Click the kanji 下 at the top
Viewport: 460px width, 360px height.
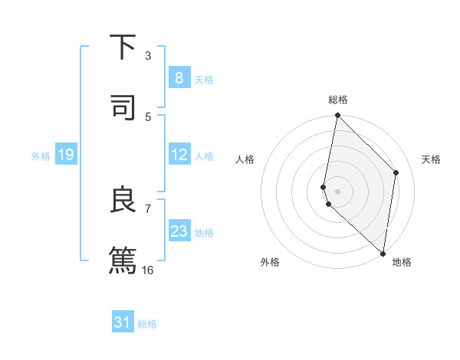click(x=123, y=47)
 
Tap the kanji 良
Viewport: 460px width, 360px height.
click(x=123, y=199)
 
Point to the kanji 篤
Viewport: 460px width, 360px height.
click(x=123, y=259)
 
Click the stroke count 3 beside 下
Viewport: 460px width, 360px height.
click(x=148, y=56)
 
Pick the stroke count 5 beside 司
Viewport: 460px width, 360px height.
click(x=148, y=116)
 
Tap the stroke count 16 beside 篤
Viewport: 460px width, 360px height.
click(x=148, y=270)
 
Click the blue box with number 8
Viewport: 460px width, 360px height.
click(x=179, y=78)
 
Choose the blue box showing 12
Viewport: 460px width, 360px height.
click(x=179, y=155)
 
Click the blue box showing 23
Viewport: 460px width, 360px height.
click(x=179, y=231)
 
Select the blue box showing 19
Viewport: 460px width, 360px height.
click(x=65, y=155)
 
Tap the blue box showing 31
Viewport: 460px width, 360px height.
click(x=123, y=322)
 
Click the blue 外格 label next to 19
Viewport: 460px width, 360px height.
click(x=41, y=156)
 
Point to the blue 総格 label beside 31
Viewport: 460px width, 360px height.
click(x=147, y=324)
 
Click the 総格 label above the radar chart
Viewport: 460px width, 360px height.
click(x=338, y=100)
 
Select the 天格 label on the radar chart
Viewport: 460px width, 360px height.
click(x=431, y=159)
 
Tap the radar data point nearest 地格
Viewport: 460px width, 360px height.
click(x=383, y=253)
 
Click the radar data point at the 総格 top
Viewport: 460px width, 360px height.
click(x=337, y=116)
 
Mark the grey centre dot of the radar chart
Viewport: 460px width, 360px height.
click(x=337, y=191)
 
